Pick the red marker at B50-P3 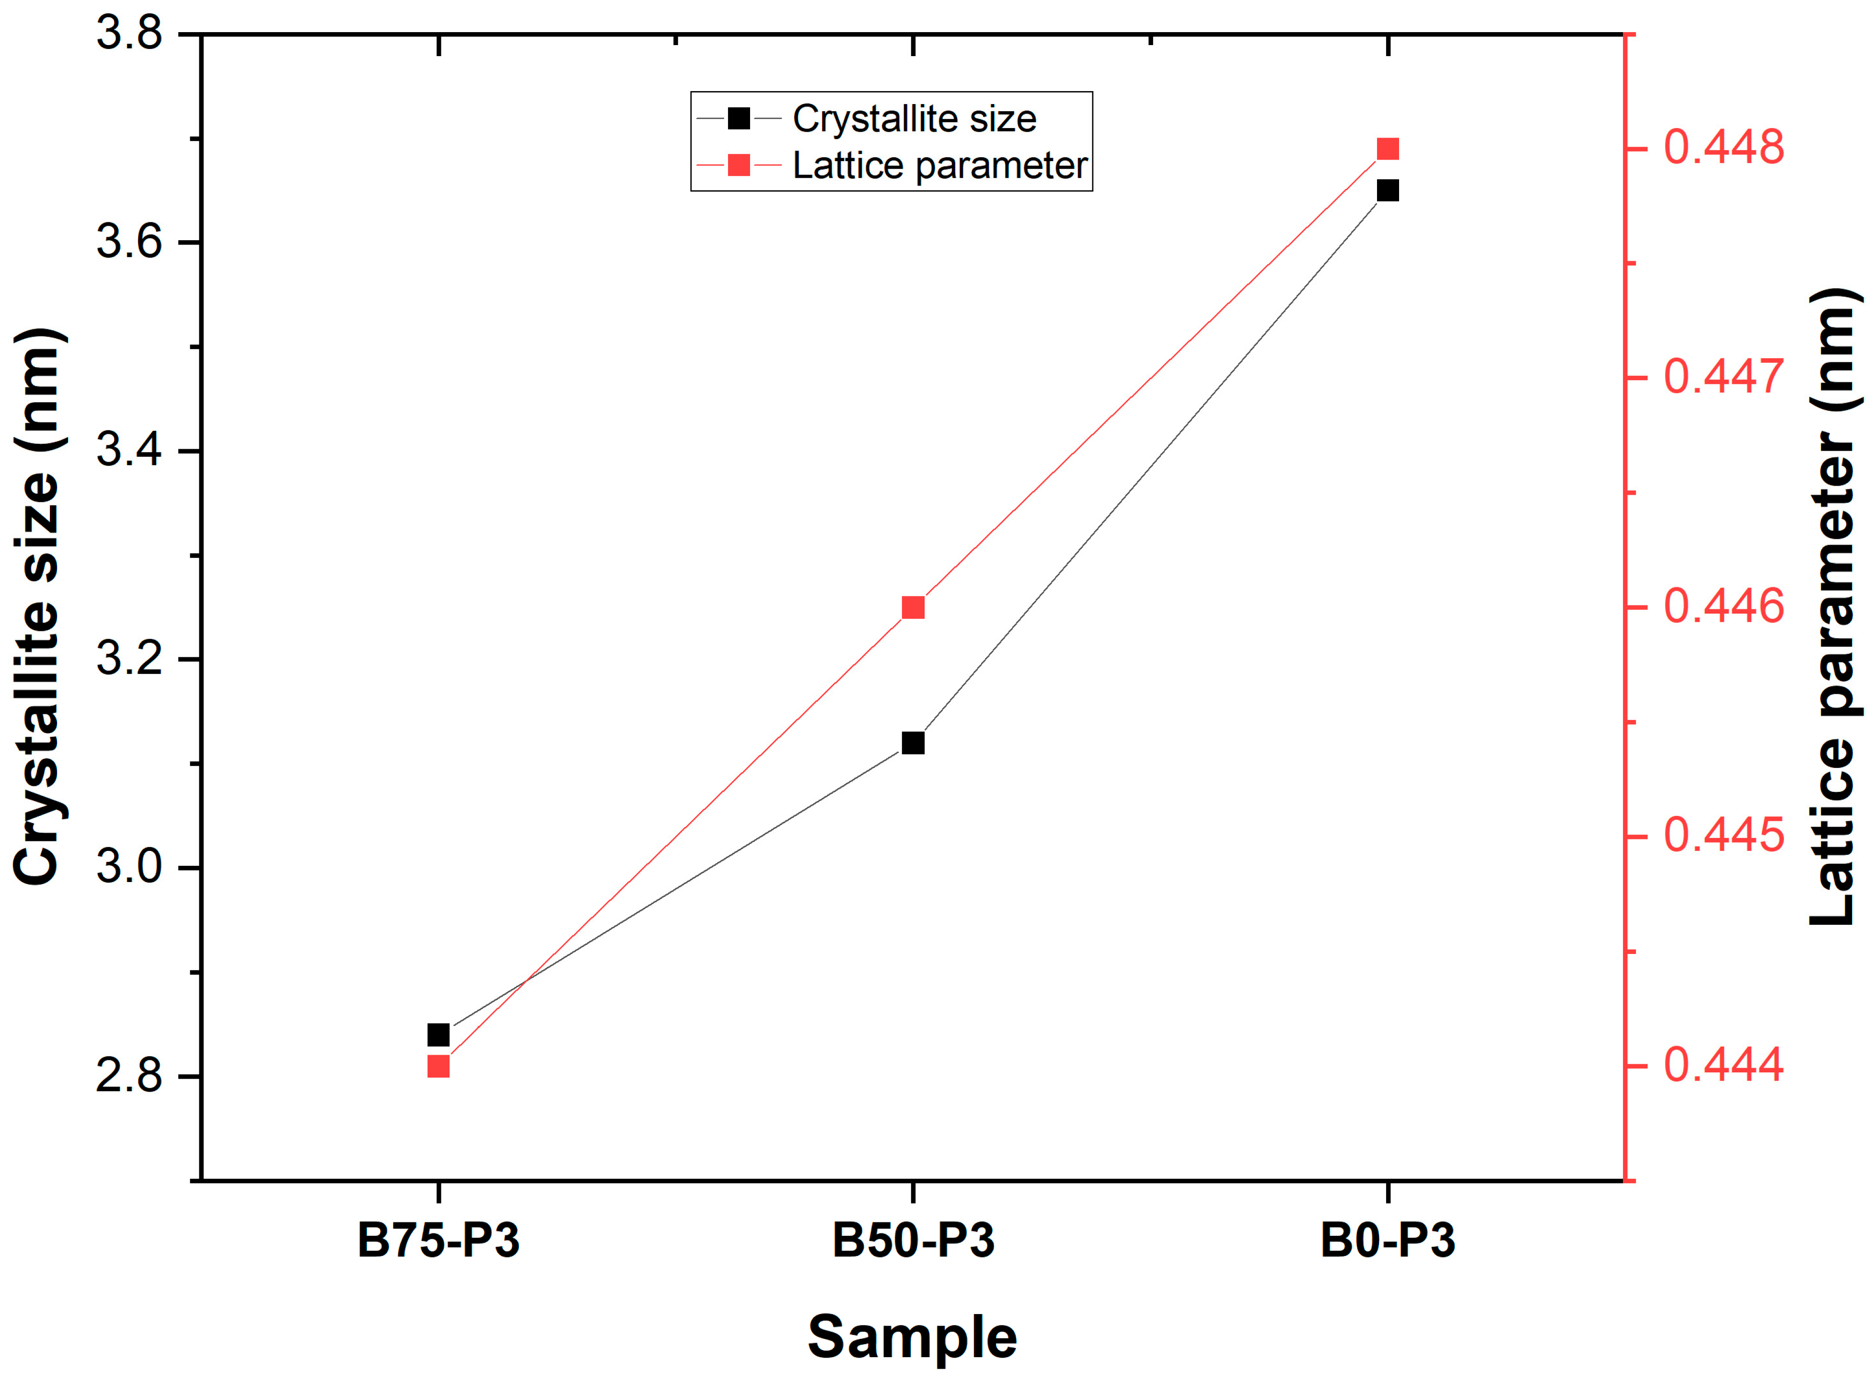[913, 607]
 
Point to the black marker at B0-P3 [1388, 191]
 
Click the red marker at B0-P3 [1388, 149]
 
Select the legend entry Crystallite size [914, 119]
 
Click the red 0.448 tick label [1724, 148]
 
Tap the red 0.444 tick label [1724, 1065]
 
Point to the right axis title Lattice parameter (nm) [1834, 607]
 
